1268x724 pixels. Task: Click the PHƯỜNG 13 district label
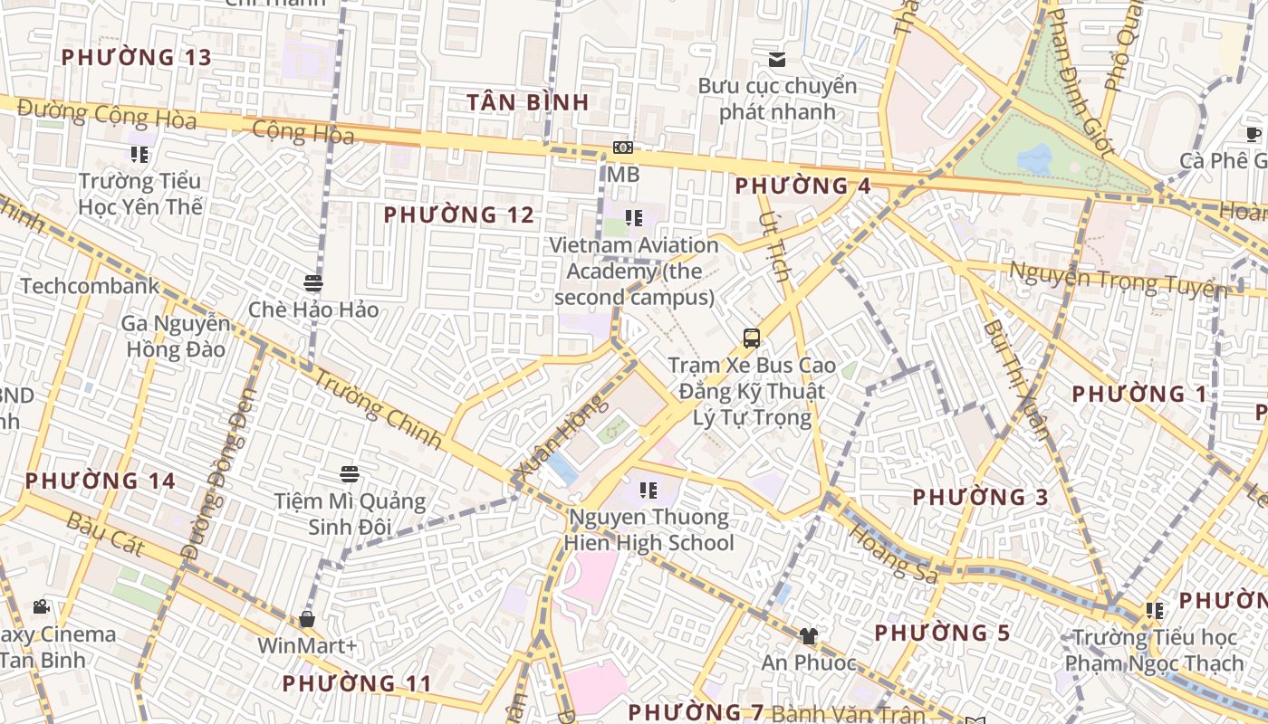(x=136, y=57)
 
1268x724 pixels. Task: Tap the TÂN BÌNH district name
(x=528, y=102)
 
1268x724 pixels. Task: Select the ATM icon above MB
(x=623, y=148)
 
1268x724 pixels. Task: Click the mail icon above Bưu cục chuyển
(x=776, y=60)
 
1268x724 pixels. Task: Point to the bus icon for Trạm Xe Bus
(x=751, y=338)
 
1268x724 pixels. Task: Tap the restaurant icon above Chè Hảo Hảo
(x=313, y=283)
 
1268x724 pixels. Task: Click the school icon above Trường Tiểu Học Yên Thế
(x=139, y=155)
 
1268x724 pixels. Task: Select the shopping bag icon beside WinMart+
(x=307, y=619)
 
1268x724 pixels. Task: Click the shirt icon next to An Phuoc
(x=808, y=636)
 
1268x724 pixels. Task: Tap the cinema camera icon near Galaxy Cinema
(x=41, y=606)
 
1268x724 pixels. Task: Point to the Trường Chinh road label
(x=376, y=407)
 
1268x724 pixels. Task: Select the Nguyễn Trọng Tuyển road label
(x=1117, y=279)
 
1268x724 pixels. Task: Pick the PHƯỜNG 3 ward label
(x=980, y=497)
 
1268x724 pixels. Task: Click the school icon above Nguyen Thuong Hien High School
(x=648, y=491)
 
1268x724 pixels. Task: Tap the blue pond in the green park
(x=1034, y=159)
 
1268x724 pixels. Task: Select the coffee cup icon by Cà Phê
(x=1254, y=135)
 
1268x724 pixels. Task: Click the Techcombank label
(x=90, y=287)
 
